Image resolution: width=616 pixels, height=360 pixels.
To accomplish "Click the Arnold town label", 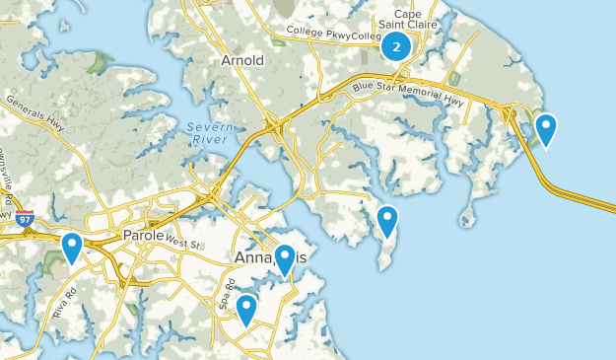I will pos(242,60).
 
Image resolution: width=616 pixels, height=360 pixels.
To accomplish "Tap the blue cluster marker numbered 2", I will pos(395,45).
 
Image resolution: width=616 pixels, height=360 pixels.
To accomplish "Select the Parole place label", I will pos(144,236).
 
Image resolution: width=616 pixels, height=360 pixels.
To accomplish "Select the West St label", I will pos(182,242).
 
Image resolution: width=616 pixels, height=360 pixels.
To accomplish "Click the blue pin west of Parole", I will pos(72,247).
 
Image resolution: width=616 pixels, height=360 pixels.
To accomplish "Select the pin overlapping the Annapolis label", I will pos(285,259).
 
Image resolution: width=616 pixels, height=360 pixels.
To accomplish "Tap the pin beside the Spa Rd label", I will pos(246,309).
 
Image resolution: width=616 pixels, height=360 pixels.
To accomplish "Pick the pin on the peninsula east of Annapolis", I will pos(387,220).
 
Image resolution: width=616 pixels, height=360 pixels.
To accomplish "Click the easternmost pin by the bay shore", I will pos(544,129).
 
